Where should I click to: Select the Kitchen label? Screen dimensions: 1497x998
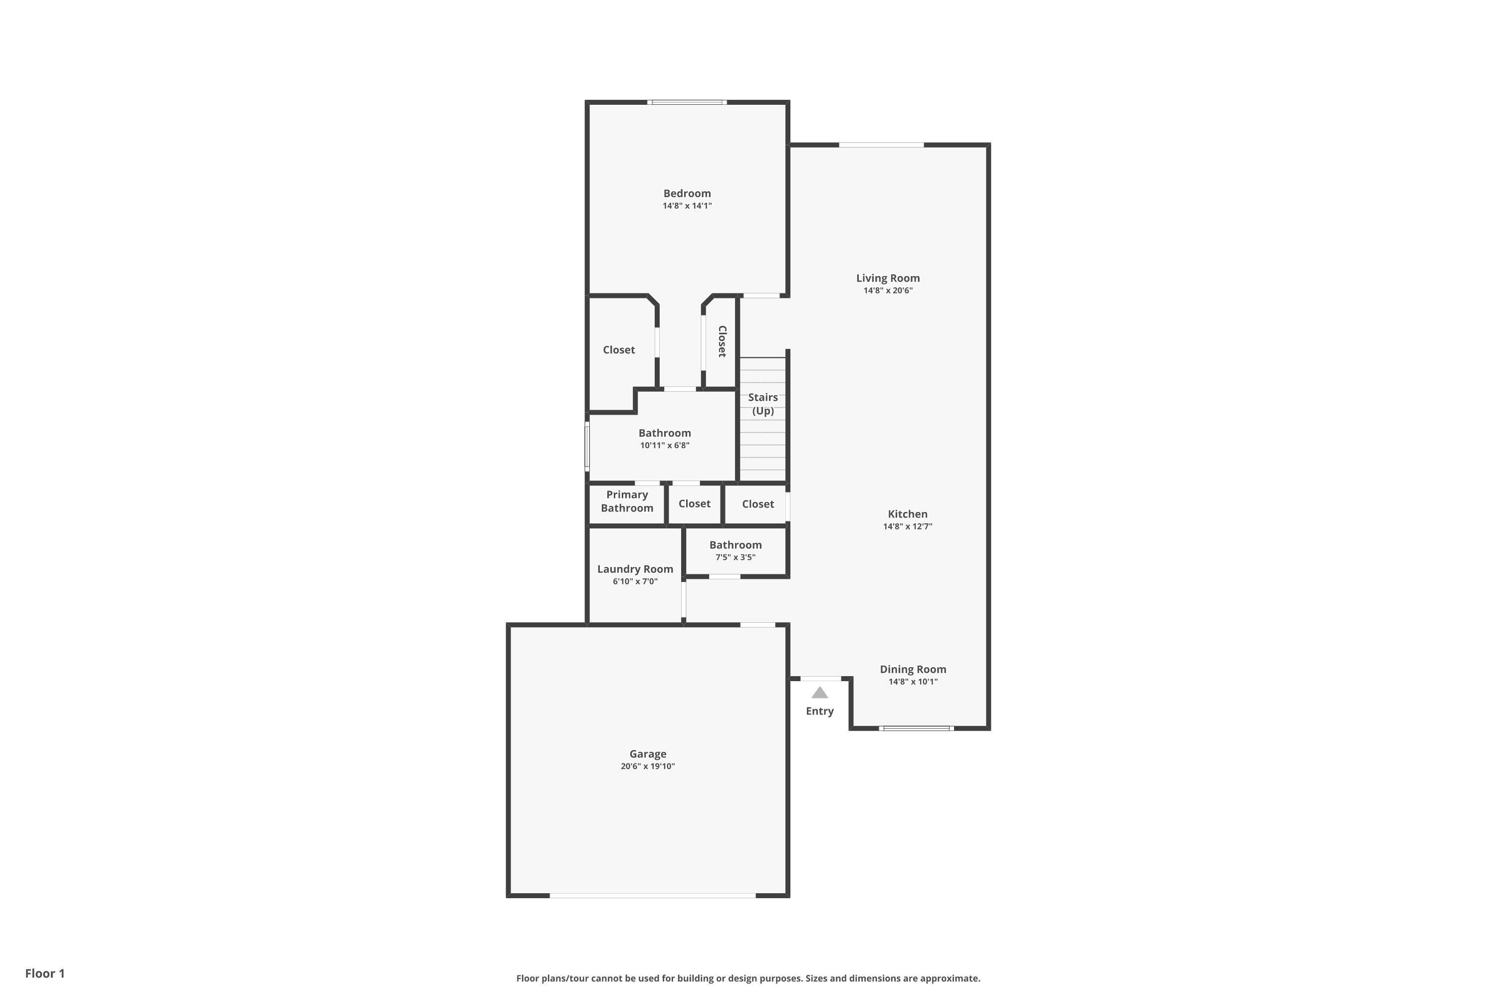click(x=908, y=514)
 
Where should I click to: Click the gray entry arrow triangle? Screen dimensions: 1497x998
click(x=820, y=693)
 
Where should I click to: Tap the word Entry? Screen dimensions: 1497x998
click(x=820, y=712)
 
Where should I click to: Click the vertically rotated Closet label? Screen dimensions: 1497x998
click(x=723, y=341)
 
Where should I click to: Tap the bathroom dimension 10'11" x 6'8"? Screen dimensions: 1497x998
click(x=665, y=446)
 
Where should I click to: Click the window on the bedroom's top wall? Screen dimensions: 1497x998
click(x=688, y=102)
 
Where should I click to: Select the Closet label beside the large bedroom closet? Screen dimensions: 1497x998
click(x=619, y=350)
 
